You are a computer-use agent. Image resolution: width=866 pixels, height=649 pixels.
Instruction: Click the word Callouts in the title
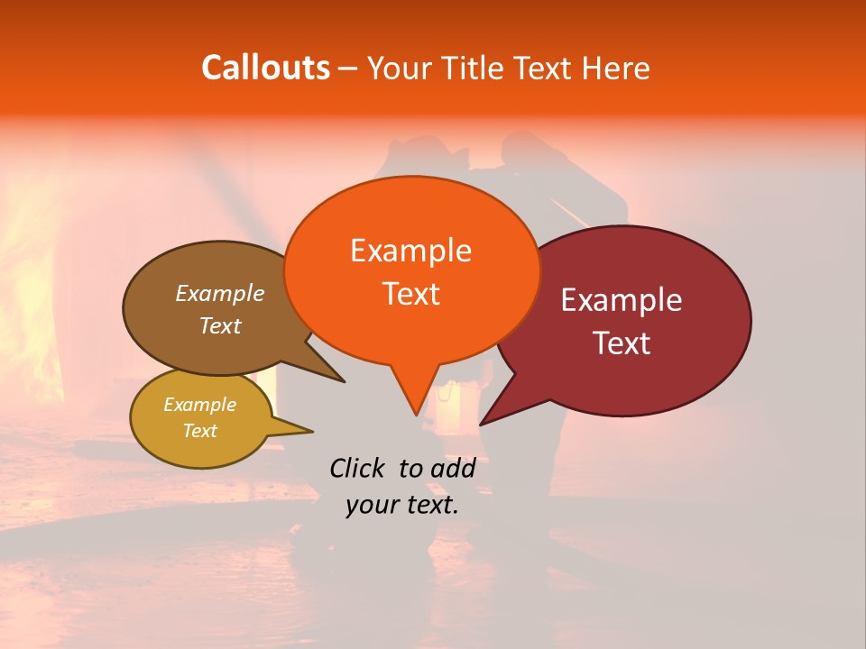pyautogui.click(x=265, y=68)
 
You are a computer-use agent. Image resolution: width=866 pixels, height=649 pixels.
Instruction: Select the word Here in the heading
pyautogui.click(x=613, y=68)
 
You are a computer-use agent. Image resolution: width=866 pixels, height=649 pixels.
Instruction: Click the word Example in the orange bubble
pyautogui.click(x=410, y=251)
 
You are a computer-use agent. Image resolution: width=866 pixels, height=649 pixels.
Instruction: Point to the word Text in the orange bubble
pyautogui.click(x=410, y=294)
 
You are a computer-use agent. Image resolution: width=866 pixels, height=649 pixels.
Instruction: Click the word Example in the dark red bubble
pyautogui.click(x=622, y=300)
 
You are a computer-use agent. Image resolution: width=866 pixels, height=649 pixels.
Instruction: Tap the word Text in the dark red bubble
pyautogui.click(x=622, y=343)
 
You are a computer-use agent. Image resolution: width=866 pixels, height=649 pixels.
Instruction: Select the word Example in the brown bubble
pyautogui.click(x=220, y=293)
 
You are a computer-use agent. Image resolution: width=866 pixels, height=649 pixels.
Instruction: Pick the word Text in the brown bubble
pyautogui.click(x=220, y=325)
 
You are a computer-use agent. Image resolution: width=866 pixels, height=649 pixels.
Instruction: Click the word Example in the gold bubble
pyautogui.click(x=200, y=405)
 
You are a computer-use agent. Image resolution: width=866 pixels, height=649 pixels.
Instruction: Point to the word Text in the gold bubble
pyautogui.click(x=200, y=431)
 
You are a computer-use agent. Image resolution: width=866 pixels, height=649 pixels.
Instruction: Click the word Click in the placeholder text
pyautogui.click(x=358, y=468)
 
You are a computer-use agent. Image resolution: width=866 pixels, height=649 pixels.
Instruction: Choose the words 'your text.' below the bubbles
pyautogui.click(x=402, y=506)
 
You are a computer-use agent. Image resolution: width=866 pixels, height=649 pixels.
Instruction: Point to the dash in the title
pyautogui.click(x=348, y=68)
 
